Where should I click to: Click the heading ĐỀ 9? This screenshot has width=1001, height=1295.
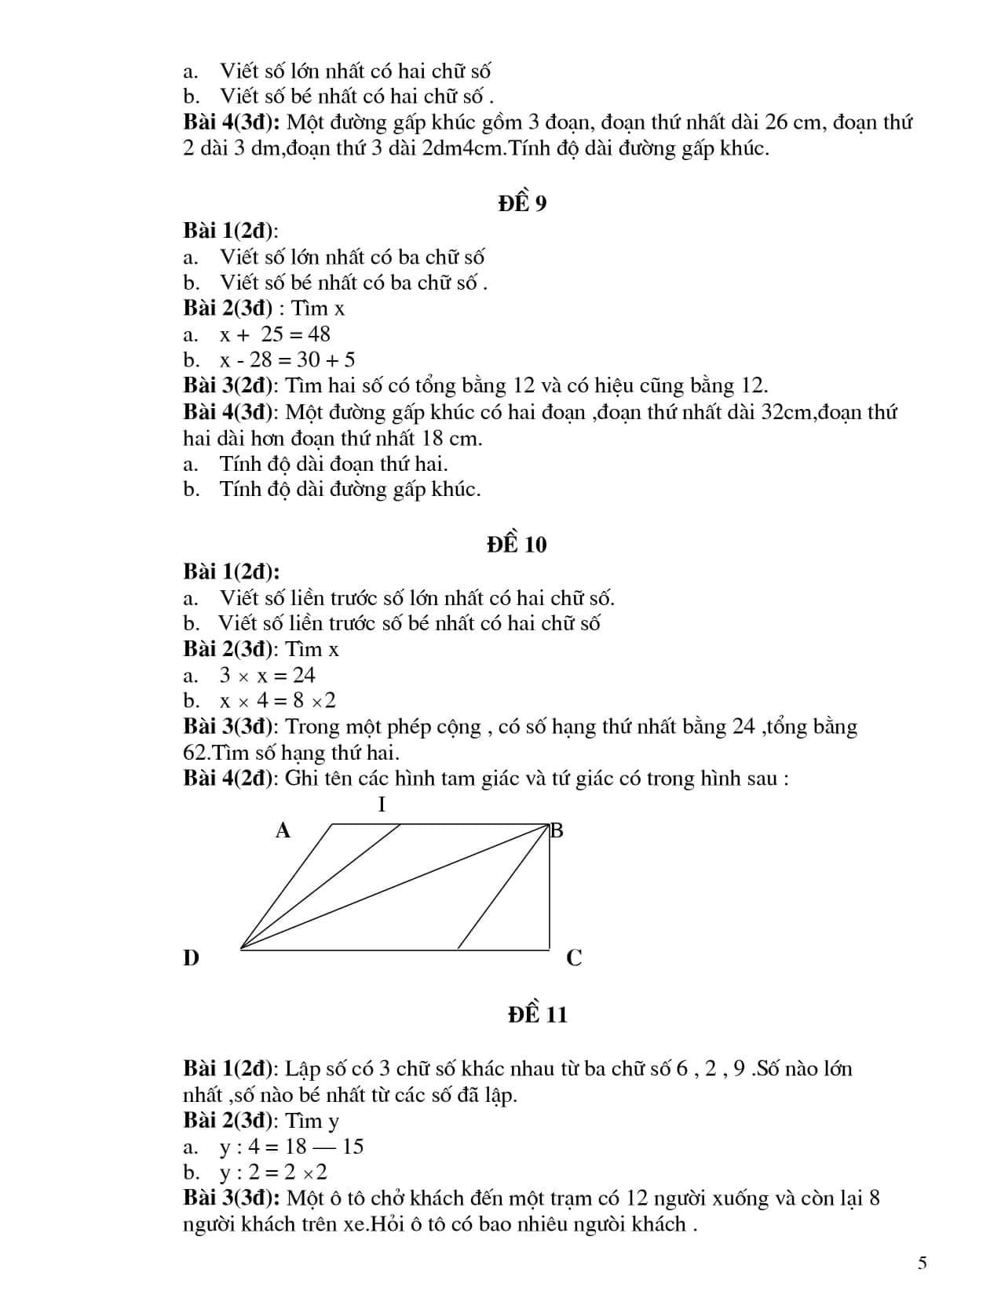[522, 203]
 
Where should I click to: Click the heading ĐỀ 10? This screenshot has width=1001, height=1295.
[516, 544]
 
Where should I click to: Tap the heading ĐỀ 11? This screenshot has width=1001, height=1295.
[537, 1014]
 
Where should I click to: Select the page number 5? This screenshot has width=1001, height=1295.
[922, 1263]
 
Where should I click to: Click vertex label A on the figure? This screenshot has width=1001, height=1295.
[283, 830]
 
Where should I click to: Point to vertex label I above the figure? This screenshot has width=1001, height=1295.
[382, 804]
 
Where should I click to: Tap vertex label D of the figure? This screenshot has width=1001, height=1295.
[192, 958]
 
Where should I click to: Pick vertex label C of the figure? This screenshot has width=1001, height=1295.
[574, 958]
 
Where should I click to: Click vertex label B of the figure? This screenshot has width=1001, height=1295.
[557, 830]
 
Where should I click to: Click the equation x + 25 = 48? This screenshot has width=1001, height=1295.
[275, 334]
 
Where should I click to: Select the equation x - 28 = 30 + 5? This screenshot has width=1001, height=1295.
[287, 359]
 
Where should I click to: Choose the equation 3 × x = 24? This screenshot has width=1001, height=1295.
[267, 675]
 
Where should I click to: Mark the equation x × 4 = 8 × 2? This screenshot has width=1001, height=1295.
[278, 700]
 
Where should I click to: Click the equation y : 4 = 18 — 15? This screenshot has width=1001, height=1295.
[291, 1147]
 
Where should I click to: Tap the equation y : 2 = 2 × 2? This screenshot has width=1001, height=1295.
[273, 1173]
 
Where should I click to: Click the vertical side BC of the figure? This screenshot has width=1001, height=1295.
[549, 887]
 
